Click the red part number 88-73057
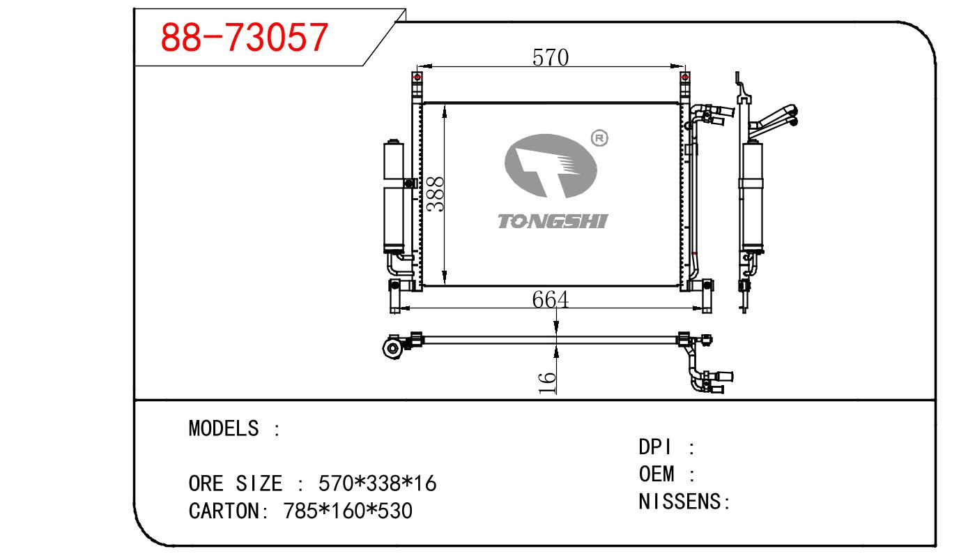pyautogui.click(x=244, y=38)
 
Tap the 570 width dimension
pyautogui.click(x=550, y=57)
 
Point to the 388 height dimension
pyautogui.click(x=435, y=194)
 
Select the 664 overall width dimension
pyautogui.click(x=550, y=300)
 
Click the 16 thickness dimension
pyautogui.click(x=547, y=383)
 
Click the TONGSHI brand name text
pyautogui.click(x=553, y=221)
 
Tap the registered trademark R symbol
pyautogui.click(x=599, y=139)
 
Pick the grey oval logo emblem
pyautogui.click(x=551, y=165)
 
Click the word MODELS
pyautogui.click(x=224, y=428)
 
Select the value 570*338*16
pyautogui.click(x=377, y=483)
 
